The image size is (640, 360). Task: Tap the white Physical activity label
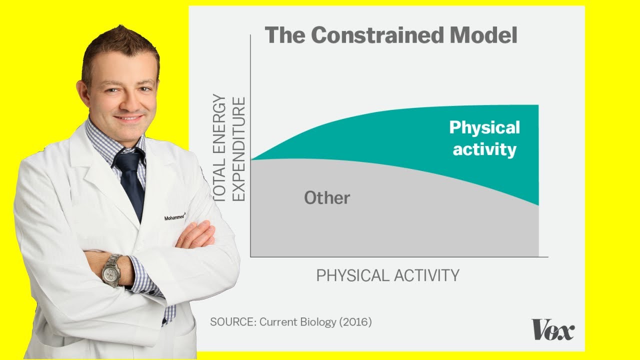point(484,138)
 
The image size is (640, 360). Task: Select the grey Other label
point(327,198)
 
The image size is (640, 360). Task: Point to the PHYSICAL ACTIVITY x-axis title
point(387,275)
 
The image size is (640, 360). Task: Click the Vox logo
point(553,330)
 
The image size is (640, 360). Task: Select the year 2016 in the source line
point(355,322)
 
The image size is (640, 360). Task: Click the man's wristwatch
point(111,270)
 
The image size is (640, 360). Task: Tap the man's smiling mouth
point(128,119)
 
